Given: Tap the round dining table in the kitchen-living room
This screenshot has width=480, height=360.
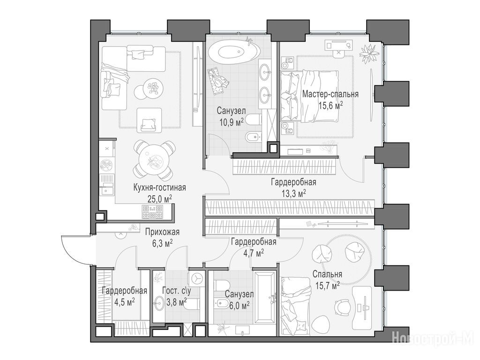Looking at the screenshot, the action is [155, 159].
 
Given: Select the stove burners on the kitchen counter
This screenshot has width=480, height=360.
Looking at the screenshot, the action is [152, 211].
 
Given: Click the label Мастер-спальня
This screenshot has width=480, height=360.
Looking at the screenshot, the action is [330, 94].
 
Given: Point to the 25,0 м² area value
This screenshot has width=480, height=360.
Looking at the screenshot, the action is [160, 199].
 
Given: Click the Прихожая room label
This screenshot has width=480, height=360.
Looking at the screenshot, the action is [162, 232].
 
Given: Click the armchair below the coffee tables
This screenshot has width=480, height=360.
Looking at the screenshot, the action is [149, 121].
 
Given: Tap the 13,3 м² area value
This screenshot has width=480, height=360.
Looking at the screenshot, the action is [294, 194].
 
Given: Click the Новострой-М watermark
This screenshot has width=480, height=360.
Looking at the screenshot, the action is [433, 337].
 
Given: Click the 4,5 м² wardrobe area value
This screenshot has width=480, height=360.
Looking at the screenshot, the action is [125, 302].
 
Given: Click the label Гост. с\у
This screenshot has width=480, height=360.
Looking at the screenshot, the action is [177, 291].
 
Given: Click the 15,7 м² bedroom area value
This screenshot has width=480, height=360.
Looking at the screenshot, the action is [327, 285].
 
